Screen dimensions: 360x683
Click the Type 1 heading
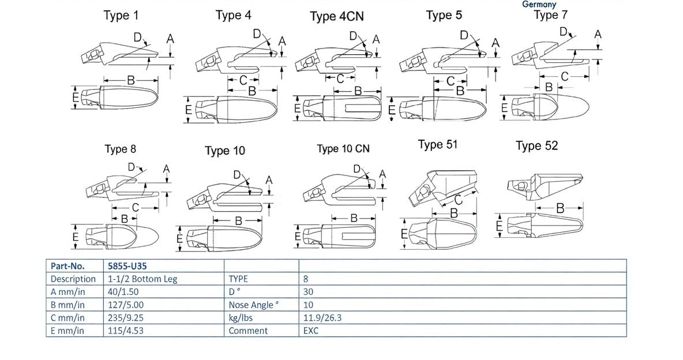tap(121, 16)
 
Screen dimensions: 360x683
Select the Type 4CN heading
tap(337, 16)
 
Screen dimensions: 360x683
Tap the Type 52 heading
tap(536, 146)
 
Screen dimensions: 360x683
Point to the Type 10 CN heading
tap(343, 149)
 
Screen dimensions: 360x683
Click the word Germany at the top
tap(539, 4)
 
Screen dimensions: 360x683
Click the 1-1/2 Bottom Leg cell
tap(142, 279)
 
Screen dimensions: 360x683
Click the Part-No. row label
tap(67, 266)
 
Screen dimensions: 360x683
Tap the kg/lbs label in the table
tap(241, 318)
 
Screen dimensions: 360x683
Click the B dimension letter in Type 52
tap(560, 208)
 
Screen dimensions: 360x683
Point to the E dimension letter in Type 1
tap(76, 99)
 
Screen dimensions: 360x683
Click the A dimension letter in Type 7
tap(598, 35)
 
